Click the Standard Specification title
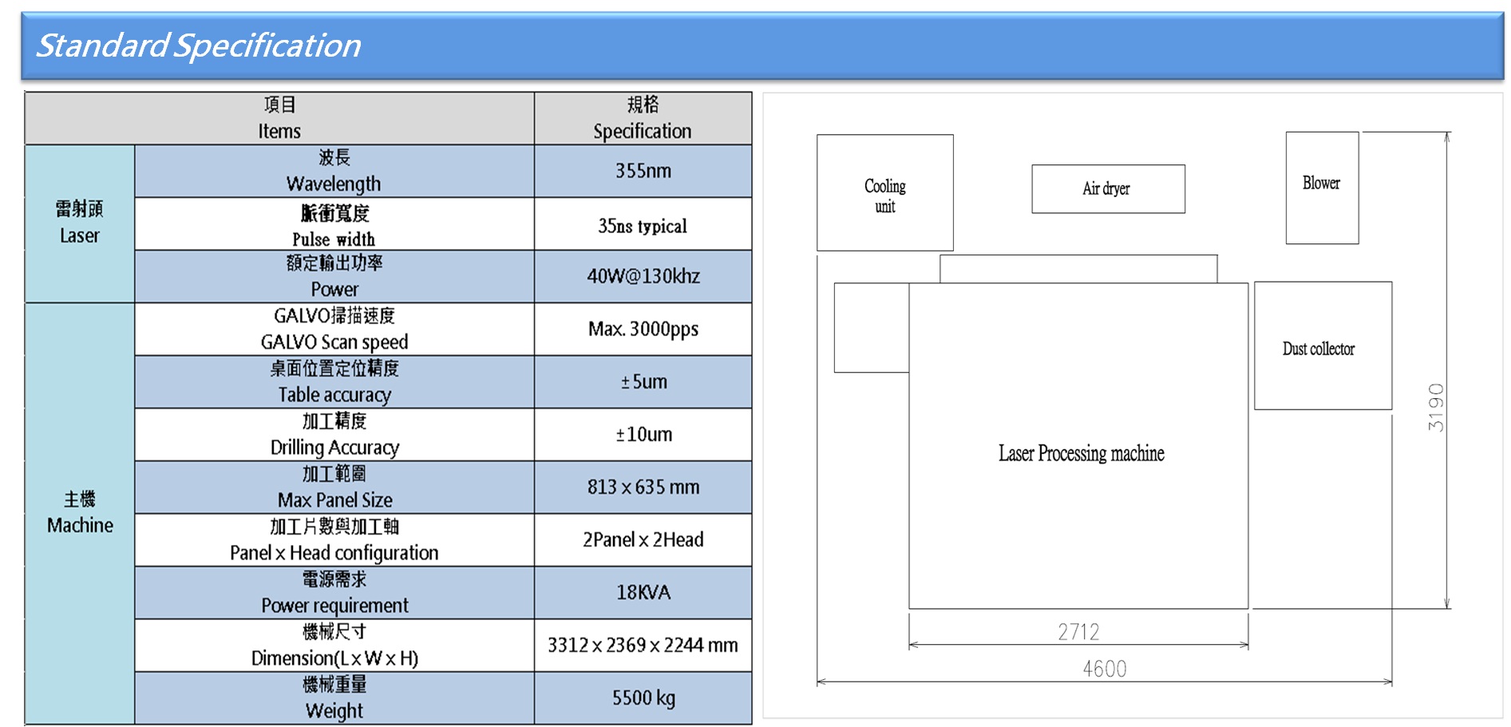tap(199, 45)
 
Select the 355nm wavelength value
tap(643, 171)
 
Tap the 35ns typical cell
tap(643, 226)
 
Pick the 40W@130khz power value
tap(643, 276)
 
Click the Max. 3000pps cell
tap(643, 329)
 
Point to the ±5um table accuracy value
tap(643, 381)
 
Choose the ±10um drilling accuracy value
tap(643, 434)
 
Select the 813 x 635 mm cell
tap(643, 487)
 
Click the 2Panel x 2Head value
tap(643, 539)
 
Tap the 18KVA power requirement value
tap(643, 592)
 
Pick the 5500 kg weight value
tap(643, 698)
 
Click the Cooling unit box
tap(885, 192)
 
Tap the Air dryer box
tap(1108, 189)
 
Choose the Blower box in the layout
tap(1322, 188)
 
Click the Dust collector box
tap(1323, 346)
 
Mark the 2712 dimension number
tap(1078, 632)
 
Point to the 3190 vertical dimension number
tap(1436, 407)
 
